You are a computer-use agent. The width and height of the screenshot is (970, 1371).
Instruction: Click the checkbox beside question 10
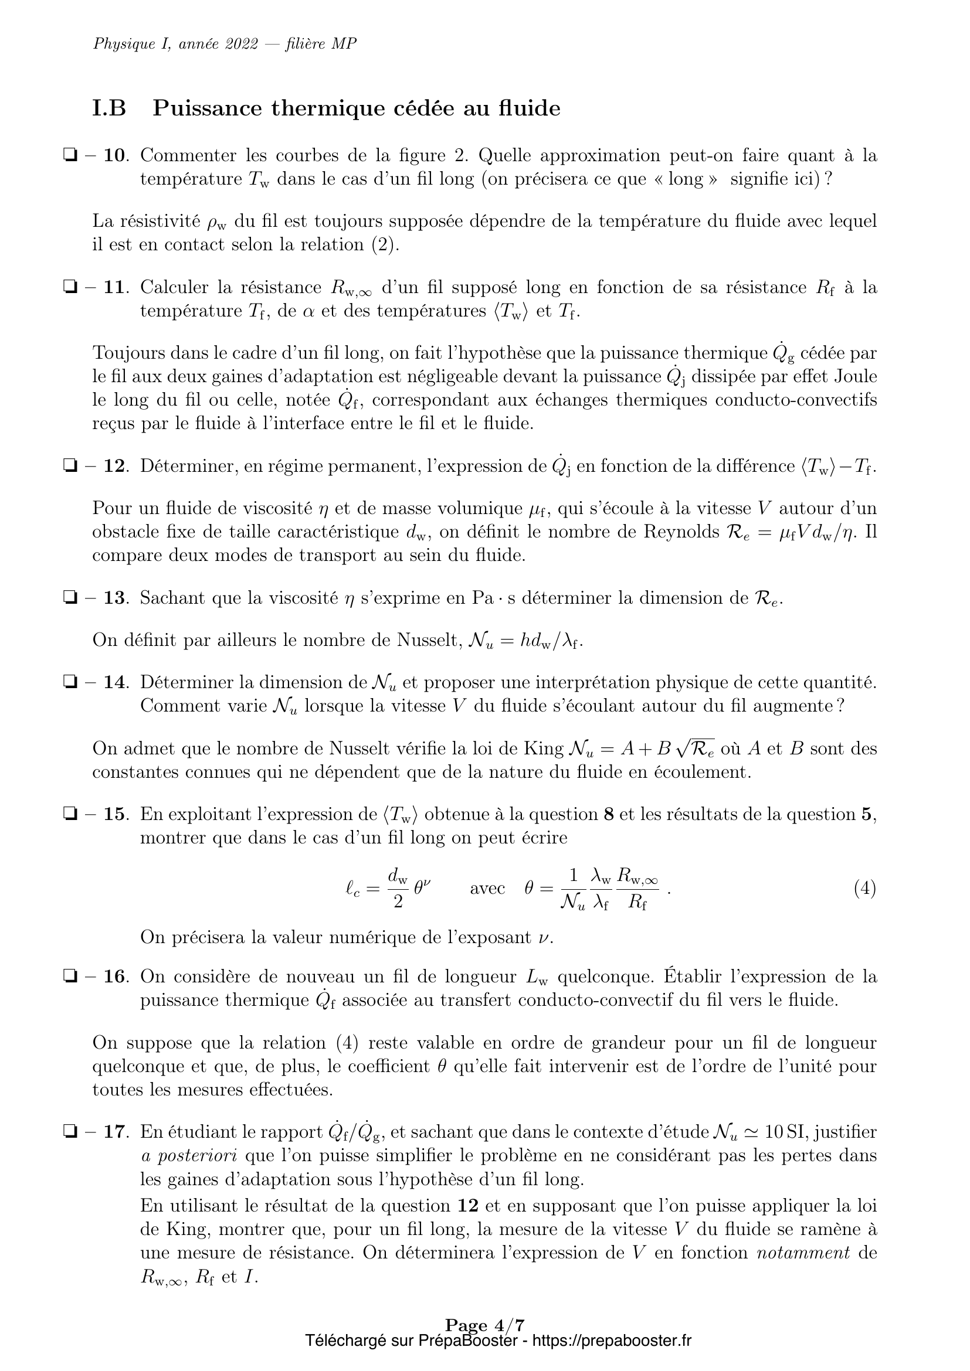pos(69,156)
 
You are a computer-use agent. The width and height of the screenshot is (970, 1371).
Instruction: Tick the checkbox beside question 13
pos(69,598)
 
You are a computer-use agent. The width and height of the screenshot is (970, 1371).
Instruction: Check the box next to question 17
pos(69,1131)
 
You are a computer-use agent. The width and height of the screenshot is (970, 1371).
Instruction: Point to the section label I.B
pos(109,108)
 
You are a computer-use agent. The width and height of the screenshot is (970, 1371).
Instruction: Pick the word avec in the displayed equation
pos(487,889)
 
